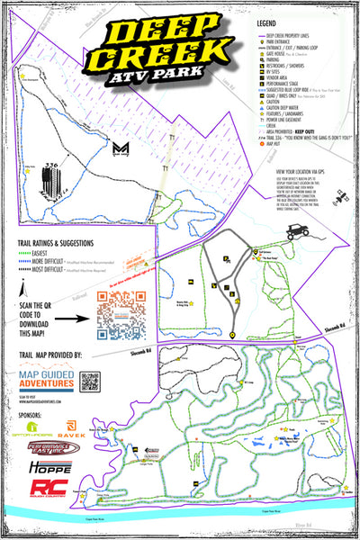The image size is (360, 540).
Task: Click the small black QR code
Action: pyautogui.click(x=88, y=382)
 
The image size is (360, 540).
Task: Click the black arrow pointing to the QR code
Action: pyautogui.click(x=77, y=318)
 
